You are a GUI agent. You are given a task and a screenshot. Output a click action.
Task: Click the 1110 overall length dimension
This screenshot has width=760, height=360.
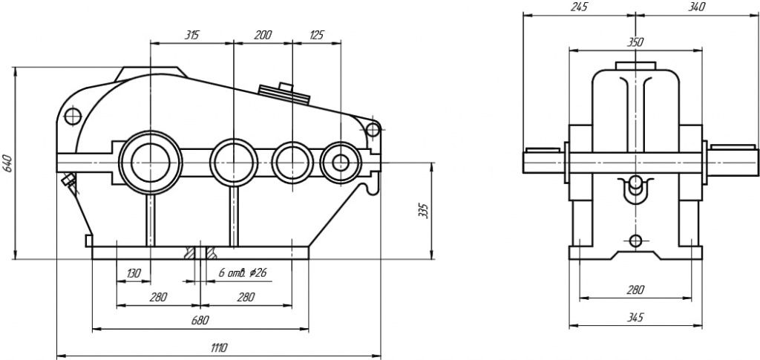[x=218, y=347]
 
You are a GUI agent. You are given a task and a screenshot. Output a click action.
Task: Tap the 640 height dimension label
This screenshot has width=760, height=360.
[x=8, y=163]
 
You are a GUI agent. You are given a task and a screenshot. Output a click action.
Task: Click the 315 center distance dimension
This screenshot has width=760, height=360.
[x=191, y=34]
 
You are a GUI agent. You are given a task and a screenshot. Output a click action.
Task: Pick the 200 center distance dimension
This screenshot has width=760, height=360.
[x=263, y=34]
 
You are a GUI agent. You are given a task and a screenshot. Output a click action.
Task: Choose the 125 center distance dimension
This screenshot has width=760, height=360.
[x=316, y=34]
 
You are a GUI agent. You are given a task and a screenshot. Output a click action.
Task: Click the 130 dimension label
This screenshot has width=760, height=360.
[x=133, y=273]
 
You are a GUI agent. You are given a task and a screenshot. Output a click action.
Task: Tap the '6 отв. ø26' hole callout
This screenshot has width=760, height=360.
[x=243, y=273]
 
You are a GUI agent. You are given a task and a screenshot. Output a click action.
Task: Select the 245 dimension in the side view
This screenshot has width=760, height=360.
[x=579, y=7]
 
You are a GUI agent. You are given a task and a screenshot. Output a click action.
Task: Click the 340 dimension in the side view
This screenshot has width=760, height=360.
[x=696, y=7]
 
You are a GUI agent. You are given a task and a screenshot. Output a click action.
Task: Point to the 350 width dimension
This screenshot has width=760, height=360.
[x=635, y=42]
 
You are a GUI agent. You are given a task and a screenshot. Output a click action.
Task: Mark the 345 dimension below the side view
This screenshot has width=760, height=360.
[x=635, y=318]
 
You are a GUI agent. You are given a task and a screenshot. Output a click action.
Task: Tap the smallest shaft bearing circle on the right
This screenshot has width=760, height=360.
[x=341, y=162]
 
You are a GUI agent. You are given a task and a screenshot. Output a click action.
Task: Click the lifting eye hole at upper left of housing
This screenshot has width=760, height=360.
[x=73, y=117]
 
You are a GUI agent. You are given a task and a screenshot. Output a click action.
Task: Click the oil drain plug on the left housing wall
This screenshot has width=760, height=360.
[x=70, y=181]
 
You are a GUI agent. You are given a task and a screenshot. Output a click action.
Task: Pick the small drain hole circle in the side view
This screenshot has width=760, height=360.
[x=635, y=240]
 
